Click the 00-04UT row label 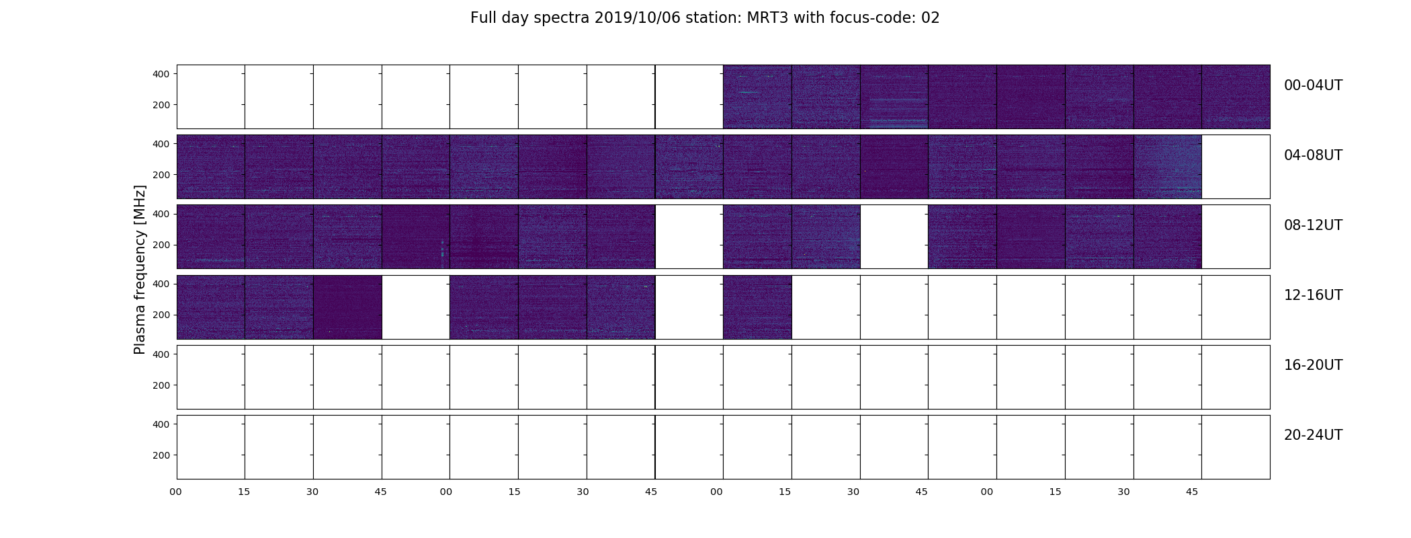click(1313, 85)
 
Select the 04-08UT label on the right click(1313, 155)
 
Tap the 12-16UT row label click(1313, 295)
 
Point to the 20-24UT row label click(1313, 435)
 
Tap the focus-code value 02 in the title click(930, 18)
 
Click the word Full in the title click(482, 18)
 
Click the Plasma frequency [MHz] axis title click(140, 270)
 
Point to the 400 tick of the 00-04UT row click(161, 74)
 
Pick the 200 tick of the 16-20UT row click(161, 385)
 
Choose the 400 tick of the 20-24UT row click(161, 424)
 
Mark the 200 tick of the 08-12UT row click(161, 245)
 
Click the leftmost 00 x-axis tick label click(176, 492)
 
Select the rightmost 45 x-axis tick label click(1192, 492)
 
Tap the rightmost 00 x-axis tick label click(987, 492)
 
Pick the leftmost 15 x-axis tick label click(244, 492)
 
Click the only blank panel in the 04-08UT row click(1236, 167)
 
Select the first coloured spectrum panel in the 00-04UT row click(757, 97)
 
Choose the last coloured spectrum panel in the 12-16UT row click(757, 307)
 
